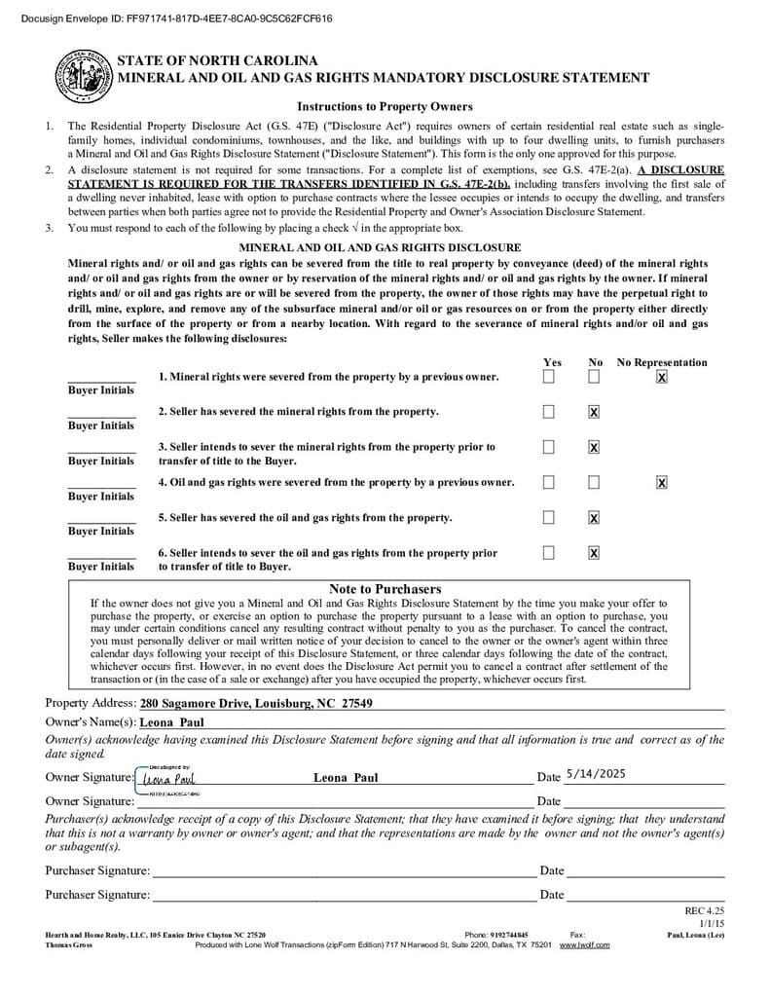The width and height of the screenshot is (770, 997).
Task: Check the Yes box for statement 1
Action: (549, 377)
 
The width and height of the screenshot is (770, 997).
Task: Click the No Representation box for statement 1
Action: (662, 377)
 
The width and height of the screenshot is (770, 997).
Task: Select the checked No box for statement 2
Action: (594, 412)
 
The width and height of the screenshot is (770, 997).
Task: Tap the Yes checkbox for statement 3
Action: (549, 447)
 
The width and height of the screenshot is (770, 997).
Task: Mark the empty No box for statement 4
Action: (594, 482)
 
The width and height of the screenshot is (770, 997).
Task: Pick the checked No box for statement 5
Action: (594, 517)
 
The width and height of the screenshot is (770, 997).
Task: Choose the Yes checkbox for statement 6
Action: (549, 552)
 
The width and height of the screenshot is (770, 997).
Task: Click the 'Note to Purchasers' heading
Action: (385, 589)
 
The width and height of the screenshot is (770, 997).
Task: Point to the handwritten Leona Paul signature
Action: (168, 779)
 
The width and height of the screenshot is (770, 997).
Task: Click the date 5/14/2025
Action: (595, 774)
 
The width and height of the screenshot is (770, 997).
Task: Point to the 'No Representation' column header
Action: (662, 362)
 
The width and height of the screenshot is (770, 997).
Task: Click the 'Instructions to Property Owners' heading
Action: (385, 106)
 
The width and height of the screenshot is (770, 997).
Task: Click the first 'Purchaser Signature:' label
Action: (97, 870)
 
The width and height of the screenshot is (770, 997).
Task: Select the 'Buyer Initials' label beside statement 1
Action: (101, 390)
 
